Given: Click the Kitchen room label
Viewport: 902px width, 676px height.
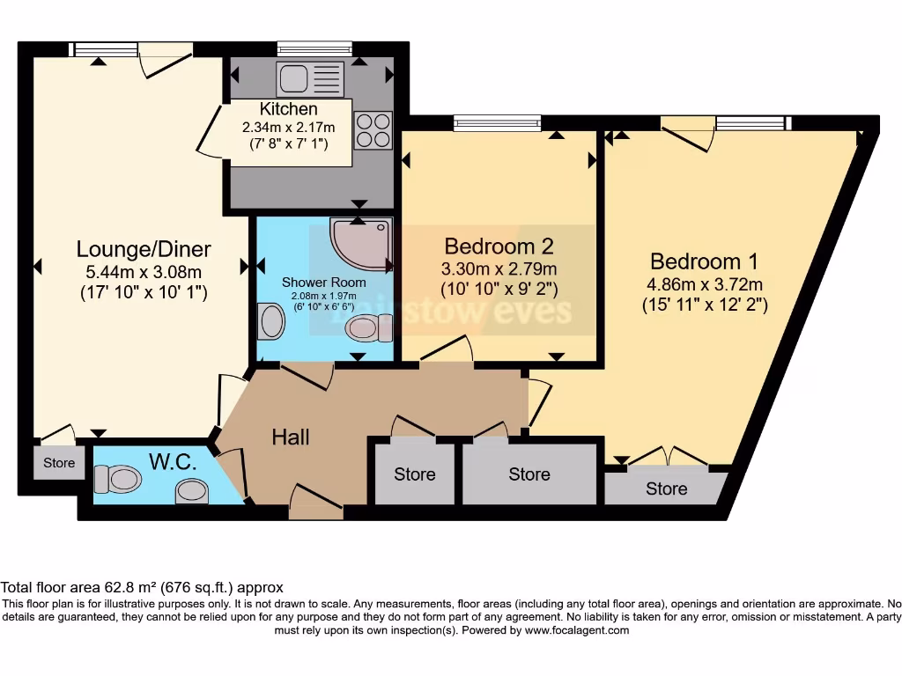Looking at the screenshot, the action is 288,108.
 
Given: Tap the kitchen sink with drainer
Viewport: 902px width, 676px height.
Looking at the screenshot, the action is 310,78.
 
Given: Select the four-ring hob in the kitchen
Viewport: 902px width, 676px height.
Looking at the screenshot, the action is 373,130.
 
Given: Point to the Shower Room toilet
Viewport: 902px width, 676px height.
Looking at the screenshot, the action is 369,328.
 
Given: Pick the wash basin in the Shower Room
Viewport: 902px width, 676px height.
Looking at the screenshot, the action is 271,320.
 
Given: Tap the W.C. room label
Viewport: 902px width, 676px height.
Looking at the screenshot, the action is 173,461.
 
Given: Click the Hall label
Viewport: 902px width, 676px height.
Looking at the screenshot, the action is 291,437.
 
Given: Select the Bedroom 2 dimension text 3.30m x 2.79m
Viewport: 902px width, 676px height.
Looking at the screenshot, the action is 499,268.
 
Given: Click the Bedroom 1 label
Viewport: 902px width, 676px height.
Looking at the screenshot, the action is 704,261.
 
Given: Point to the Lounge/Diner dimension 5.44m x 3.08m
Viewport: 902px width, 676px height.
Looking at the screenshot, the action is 144,271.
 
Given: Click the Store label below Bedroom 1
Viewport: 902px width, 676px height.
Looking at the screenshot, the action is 666,489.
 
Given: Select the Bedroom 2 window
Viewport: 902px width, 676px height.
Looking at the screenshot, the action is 498,122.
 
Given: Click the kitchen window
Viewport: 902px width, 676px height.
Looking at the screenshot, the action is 314,48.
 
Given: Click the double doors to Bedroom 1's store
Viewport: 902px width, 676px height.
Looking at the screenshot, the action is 668,456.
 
